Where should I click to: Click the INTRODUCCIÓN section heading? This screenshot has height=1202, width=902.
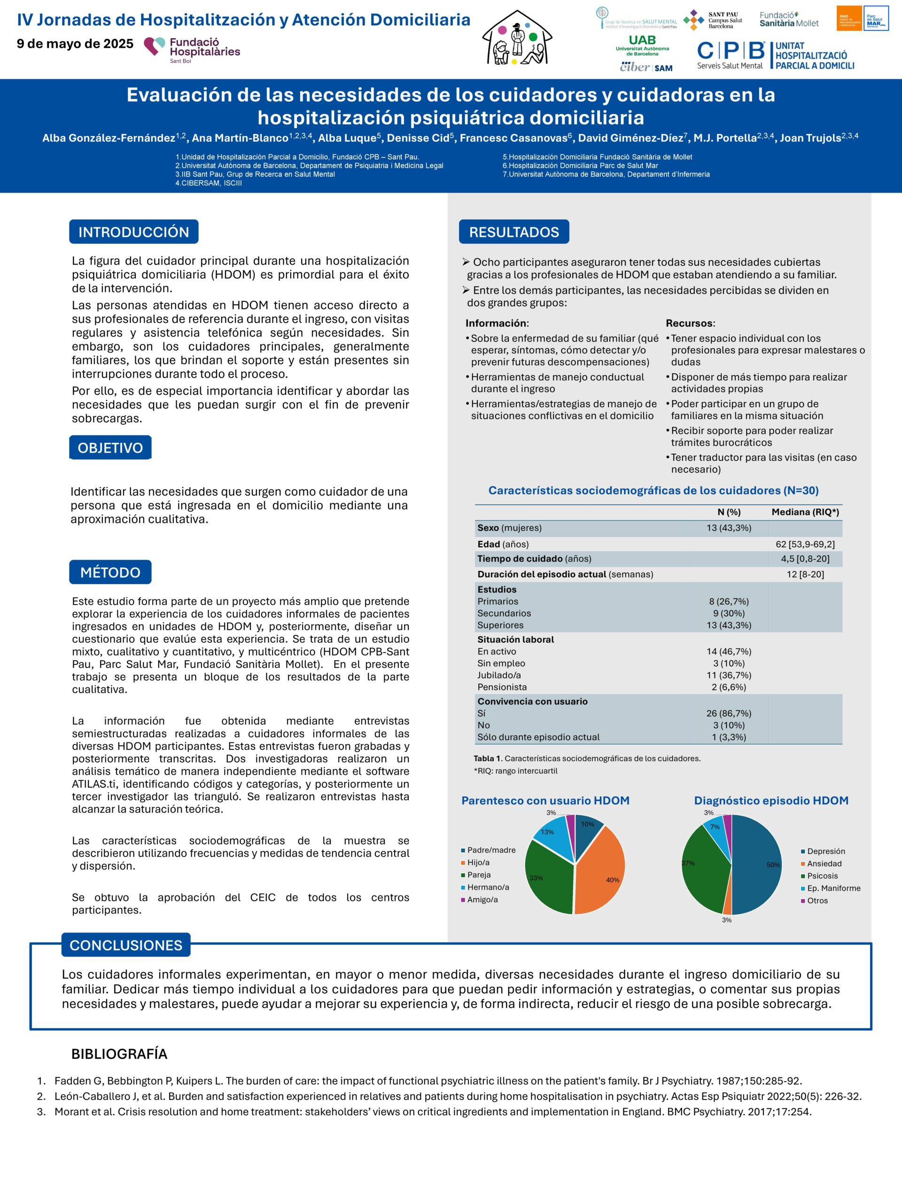coord(134,232)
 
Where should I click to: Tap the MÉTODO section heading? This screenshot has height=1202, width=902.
coord(110,572)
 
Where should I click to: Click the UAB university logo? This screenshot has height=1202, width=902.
coord(642,45)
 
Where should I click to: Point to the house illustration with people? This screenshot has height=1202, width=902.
coord(517,39)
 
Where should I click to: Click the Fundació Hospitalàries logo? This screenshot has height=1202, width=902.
coord(192,49)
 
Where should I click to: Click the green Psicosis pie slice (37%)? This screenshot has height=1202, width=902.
coord(704,870)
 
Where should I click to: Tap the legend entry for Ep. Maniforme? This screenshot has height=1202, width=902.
coord(833,888)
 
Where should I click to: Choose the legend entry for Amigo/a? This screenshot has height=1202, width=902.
coord(482,899)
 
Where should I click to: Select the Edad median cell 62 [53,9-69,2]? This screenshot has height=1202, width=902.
coord(805,544)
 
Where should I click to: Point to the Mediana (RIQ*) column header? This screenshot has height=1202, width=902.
coord(805,512)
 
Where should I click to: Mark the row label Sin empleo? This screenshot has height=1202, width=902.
coord(501,663)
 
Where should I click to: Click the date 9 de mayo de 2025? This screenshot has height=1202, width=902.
coord(75,44)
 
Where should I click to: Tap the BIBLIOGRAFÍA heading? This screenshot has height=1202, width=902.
coord(119,1054)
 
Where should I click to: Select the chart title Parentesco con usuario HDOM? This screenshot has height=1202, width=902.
coord(545,801)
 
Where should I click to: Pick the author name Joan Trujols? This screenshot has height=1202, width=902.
coord(810,138)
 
